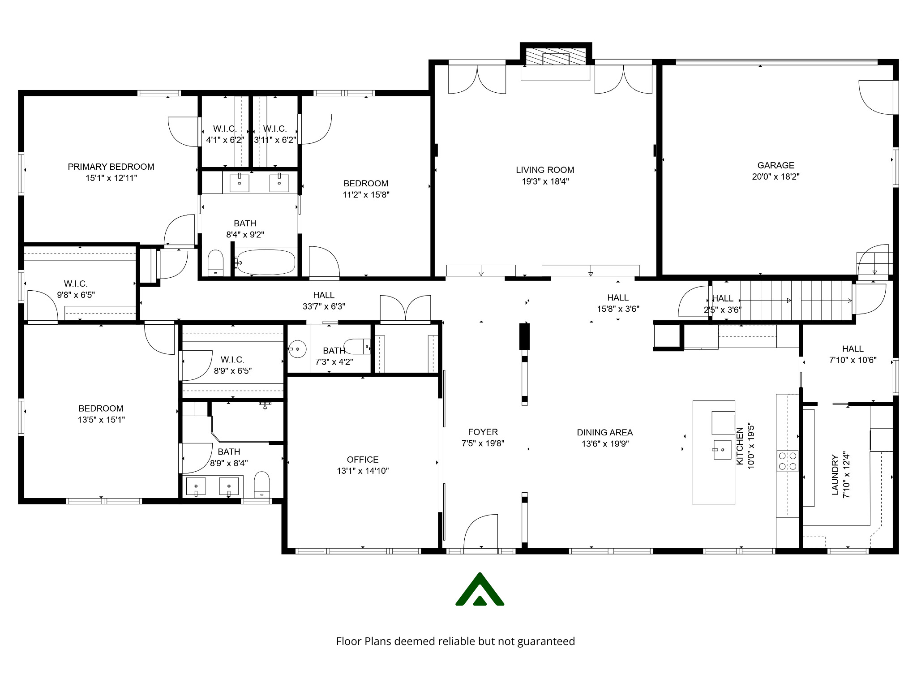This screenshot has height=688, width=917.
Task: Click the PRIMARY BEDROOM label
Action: pyautogui.click(x=111, y=167)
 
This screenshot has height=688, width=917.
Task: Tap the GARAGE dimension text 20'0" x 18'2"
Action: pyautogui.click(x=776, y=176)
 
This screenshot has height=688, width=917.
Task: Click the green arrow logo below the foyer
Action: pyautogui.click(x=480, y=590)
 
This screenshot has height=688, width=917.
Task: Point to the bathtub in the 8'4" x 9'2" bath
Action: pyautogui.click(x=266, y=262)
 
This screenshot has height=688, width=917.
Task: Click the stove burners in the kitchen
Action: pyautogui.click(x=787, y=461)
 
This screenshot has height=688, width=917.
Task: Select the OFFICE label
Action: pyautogui.click(x=363, y=460)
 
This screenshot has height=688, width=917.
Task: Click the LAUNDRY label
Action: pyautogui.click(x=835, y=475)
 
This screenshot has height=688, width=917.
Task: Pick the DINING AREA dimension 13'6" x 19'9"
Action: pyautogui.click(x=604, y=444)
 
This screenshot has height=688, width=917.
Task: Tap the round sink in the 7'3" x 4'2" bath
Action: pyautogui.click(x=296, y=348)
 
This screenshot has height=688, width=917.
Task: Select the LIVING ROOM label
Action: pyautogui.click(x=545, y=170)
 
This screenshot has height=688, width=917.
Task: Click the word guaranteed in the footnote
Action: pyautogui.click(x=546, y=641)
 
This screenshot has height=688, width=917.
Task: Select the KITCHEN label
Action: pyautogui.click(x=740, y=446)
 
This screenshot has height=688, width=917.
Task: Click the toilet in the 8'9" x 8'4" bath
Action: pyautogui.click(x=262, y=484)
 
